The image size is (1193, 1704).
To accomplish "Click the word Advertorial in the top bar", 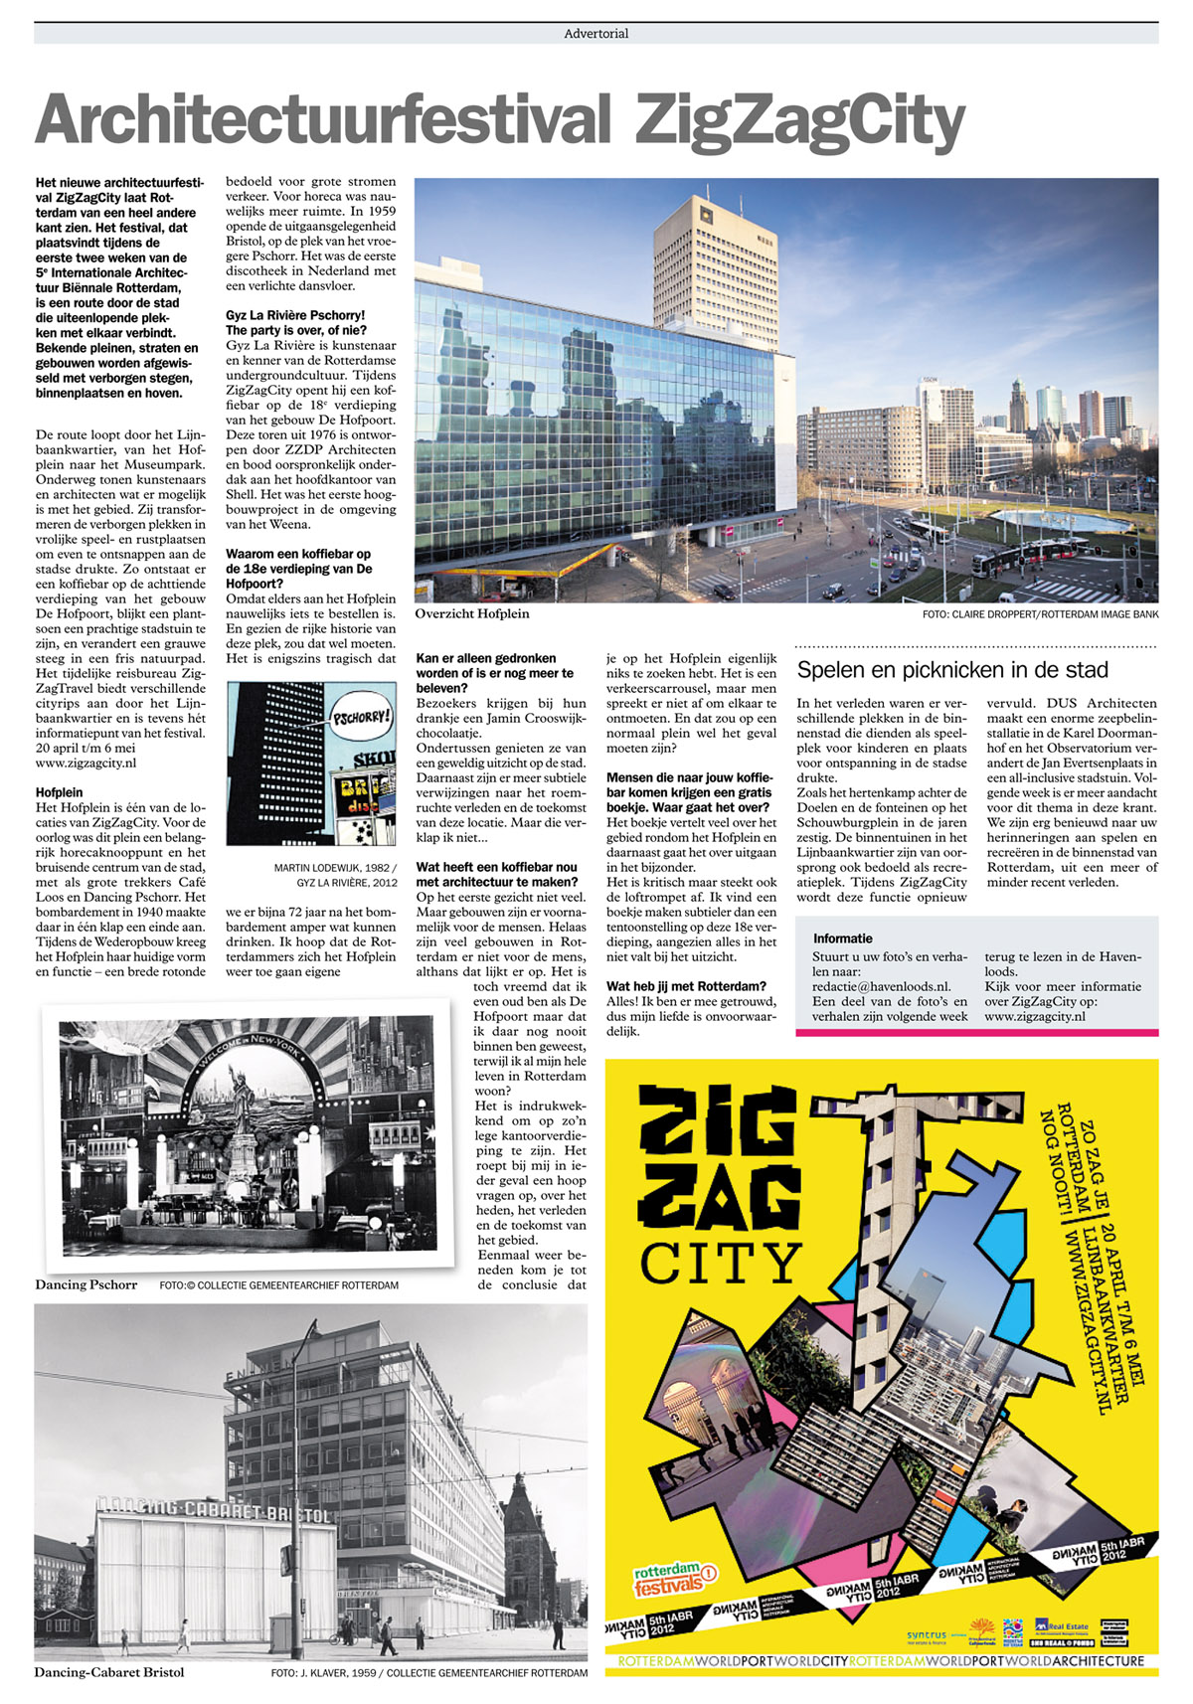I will coord(596,34).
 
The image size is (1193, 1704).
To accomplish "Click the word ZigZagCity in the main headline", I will coord(800,121).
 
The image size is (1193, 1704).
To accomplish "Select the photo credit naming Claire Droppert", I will coord(1040,614).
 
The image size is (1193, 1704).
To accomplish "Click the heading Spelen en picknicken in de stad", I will coord(952,670).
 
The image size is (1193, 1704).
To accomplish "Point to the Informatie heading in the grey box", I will coord(842,938).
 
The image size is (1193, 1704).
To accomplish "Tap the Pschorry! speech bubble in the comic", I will coord(361,716).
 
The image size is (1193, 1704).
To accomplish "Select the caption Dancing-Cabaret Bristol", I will coord(109,1672).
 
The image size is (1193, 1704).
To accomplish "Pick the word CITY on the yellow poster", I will coord(721,1262).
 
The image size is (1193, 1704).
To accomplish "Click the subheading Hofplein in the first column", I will coord(59,792).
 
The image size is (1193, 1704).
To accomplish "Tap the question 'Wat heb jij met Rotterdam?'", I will coord(686,986).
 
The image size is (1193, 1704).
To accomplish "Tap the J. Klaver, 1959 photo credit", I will coord(428,1673).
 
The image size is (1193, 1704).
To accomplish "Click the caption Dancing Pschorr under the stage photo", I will coord(85,1284).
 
